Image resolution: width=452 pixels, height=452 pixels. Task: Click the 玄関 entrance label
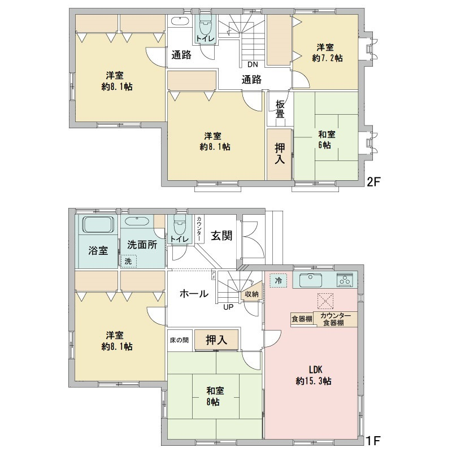221,236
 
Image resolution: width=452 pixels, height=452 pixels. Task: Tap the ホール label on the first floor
194,294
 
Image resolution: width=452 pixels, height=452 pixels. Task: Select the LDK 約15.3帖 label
314,375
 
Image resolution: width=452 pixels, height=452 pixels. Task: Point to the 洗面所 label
142,245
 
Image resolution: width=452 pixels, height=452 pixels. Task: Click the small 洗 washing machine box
128,261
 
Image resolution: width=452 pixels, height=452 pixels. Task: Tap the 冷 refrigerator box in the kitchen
278,280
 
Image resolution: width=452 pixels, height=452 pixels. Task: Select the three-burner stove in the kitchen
345,280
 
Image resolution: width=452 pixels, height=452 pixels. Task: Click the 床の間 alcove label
179,340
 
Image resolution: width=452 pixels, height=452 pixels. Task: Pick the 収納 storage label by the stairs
251,294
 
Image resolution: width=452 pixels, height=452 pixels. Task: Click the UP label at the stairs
228,307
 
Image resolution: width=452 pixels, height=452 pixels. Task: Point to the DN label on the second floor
253,64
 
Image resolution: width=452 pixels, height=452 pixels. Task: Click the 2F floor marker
373,182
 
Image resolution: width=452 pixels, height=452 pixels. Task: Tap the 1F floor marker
373,441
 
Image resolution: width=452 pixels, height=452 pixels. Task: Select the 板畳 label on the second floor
280,109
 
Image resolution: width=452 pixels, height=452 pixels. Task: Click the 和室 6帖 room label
327,140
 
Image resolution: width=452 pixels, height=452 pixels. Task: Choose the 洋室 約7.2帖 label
327,53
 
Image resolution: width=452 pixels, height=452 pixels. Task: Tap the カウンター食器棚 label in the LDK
335,319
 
